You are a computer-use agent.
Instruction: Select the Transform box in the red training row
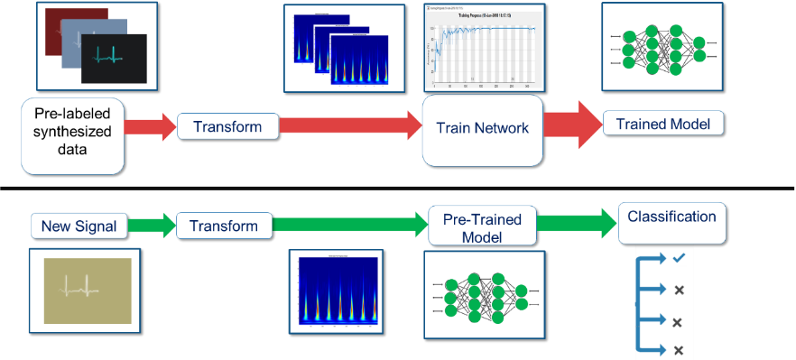227,126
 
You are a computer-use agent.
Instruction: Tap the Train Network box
482,128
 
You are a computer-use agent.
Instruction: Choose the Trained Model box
662,124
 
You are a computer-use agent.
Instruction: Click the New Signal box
79,226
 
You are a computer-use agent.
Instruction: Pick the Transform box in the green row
223,226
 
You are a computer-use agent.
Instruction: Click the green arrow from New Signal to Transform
151,226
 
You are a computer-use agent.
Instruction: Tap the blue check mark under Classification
679,258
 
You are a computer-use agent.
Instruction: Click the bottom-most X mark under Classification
679,349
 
